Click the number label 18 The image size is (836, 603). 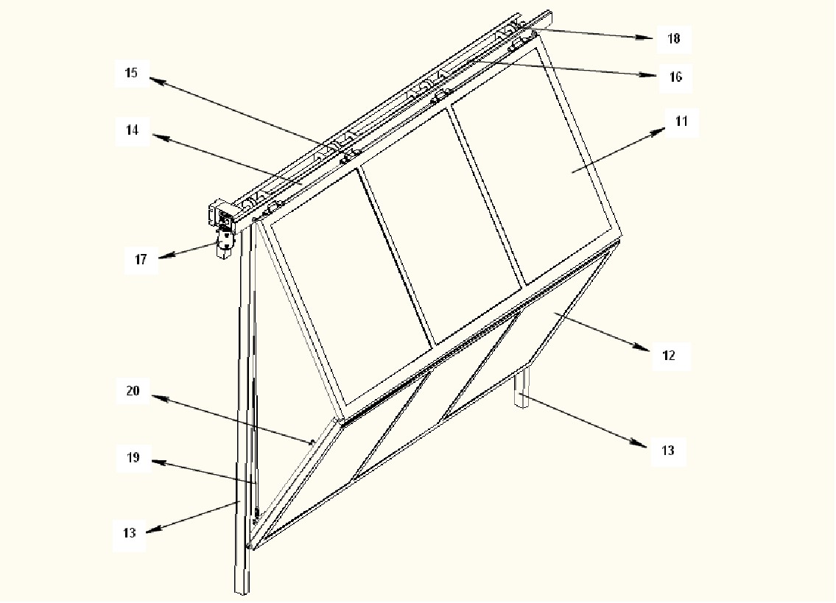click(673, 38)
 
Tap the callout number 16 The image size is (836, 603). click(675, 77)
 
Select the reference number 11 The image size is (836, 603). click(681, 122)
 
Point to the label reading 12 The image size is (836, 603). click(668, 356)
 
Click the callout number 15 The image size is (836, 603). click(131, 74)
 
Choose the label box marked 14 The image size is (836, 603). click(132, 131)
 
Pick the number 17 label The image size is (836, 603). click(140, 259)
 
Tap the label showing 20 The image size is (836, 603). click(132, 391)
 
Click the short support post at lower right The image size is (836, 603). click(521, 390)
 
